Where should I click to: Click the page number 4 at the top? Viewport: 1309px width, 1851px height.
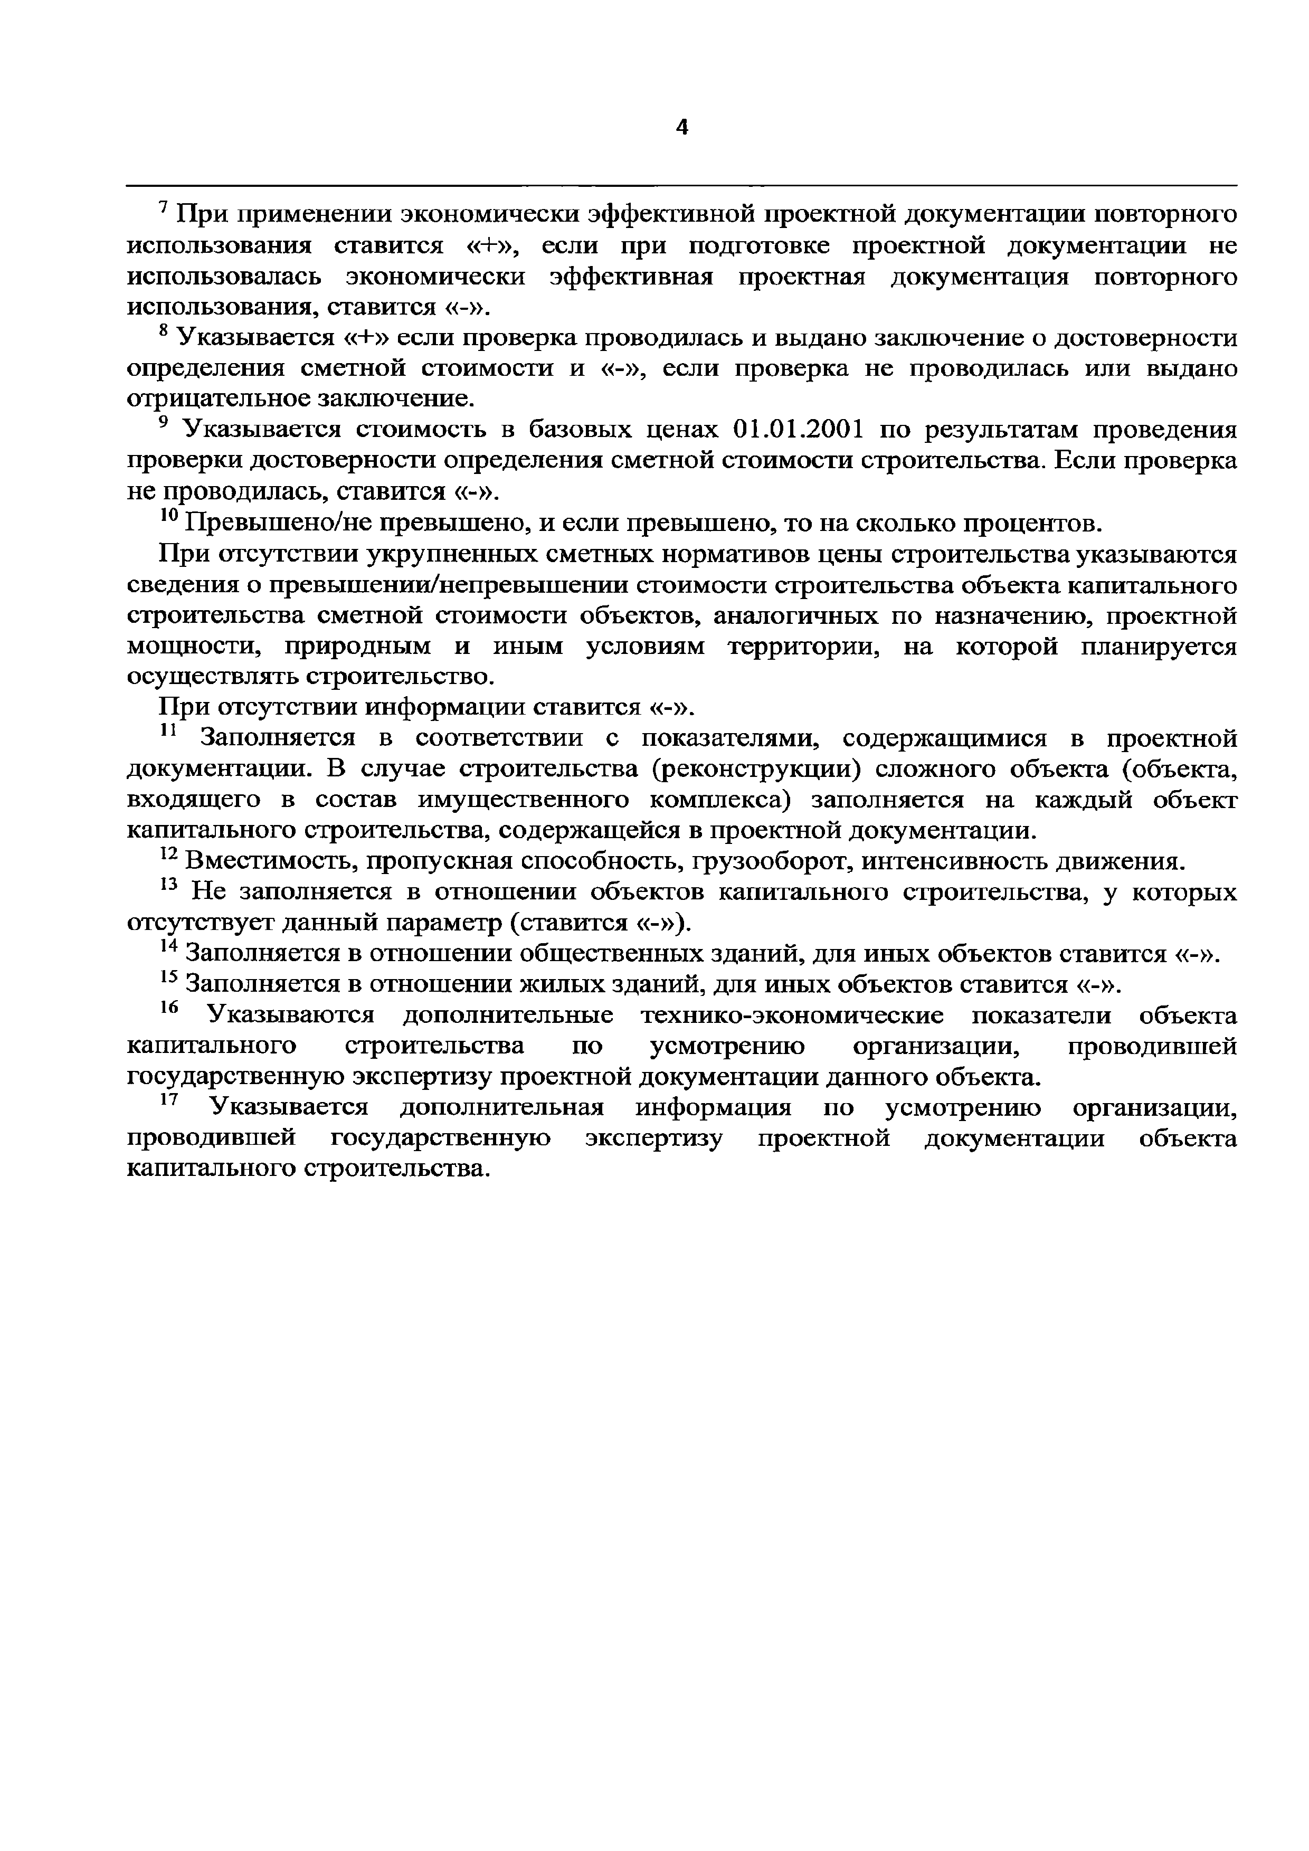682,127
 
